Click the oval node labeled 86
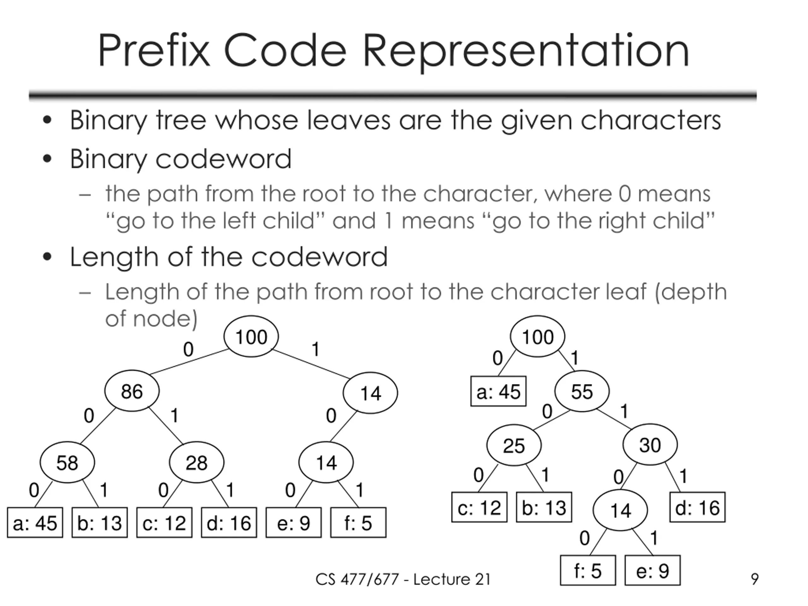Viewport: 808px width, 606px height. coord(132,391)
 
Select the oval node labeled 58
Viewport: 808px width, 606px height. coord(67,462)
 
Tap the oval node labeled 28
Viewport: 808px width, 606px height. coord(197,462)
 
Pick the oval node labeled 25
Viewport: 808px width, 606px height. coord(514,445)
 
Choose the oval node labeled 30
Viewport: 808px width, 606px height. coord(650,444)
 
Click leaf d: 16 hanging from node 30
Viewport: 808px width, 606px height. coord(697,508)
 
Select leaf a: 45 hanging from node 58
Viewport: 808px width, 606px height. coord(35,522)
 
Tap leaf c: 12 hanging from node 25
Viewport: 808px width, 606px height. coord(479,508)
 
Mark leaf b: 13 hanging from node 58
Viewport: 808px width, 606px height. coord(99,522)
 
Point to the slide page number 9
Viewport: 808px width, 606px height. coord(755,579)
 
